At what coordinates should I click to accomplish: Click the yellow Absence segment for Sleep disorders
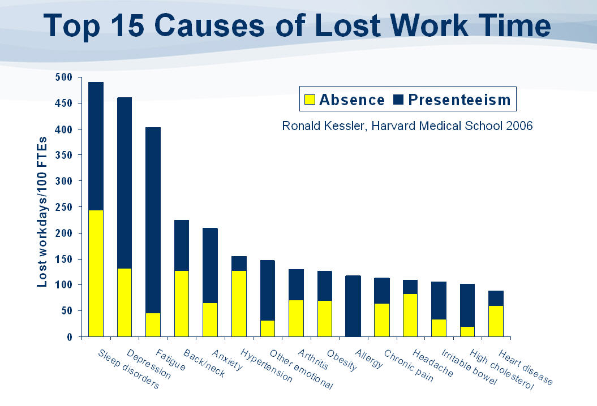[96, 273]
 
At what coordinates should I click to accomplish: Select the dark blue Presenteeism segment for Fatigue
[153, 220]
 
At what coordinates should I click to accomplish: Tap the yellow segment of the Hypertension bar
[239, 304]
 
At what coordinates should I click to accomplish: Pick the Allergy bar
[353, 306]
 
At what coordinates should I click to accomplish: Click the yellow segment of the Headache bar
[410, 315]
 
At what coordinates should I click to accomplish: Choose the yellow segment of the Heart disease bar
[496, 321]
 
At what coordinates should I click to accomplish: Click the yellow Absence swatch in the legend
[310, 100]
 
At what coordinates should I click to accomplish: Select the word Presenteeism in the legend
[459, 100]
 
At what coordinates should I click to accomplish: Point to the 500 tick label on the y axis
[64, 77]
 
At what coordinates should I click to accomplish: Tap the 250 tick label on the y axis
[64, 207]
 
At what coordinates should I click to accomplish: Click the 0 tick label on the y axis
[69, 337]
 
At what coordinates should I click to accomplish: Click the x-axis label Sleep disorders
[128, 370]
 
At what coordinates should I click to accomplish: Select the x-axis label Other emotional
[301, 370]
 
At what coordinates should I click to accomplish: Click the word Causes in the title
[240, 27]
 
